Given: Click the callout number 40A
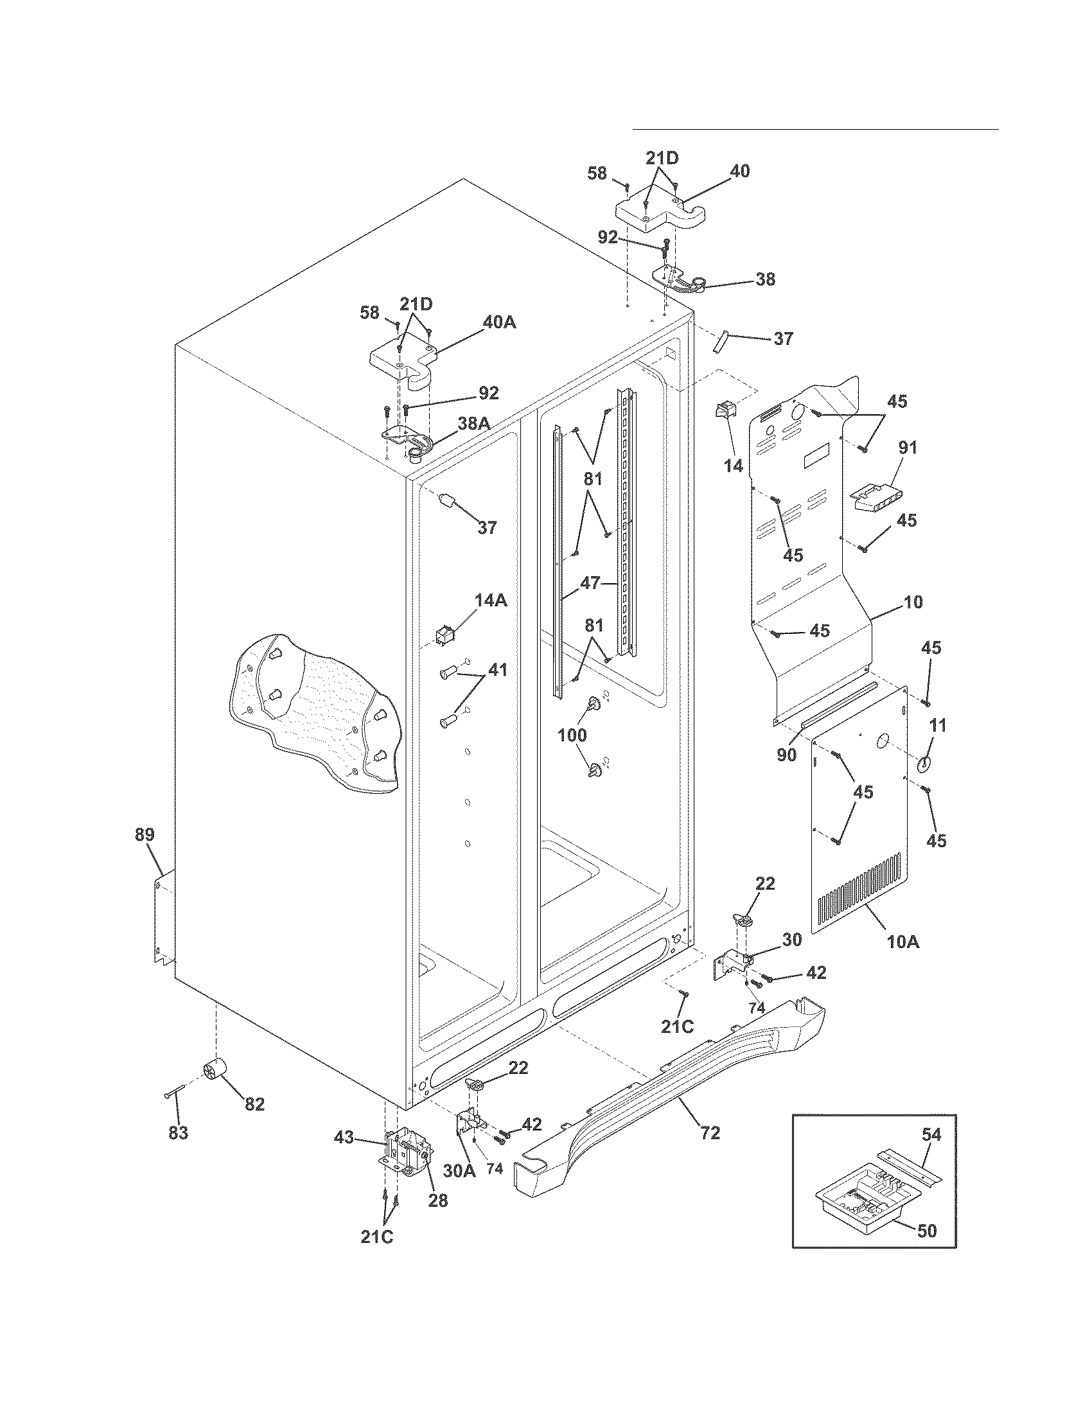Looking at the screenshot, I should pos(499,322).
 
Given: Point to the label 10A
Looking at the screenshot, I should pos(903,942).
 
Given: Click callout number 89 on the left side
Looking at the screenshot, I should pos(145,834).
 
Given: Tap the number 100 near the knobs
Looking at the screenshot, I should pos(572,734).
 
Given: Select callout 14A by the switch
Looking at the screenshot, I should pos(491,601).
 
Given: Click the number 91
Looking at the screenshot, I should pos(908,447).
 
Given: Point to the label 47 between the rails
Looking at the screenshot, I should pos(590,583).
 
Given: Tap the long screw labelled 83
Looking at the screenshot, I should pos(173,1092).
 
